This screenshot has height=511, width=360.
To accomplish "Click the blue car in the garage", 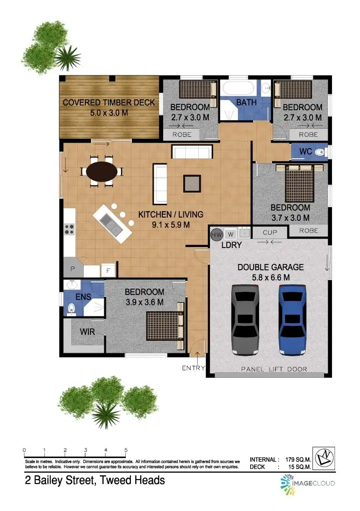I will click(293, 319).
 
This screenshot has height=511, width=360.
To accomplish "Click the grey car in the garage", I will click(245, 319).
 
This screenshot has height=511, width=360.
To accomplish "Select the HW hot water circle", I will click(217, 234).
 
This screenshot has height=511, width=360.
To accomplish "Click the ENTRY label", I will click(193, 368).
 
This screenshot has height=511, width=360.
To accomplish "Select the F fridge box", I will click(108, 271).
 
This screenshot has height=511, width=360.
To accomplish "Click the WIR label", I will click(87, 331).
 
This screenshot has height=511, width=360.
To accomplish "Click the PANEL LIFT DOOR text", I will click(274, 369).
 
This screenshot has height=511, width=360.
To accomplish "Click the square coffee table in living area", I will click(193, 183).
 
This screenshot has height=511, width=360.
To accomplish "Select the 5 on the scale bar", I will click(126, 450).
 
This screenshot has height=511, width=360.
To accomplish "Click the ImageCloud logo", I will click(307, 483).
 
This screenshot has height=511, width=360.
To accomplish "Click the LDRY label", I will click(231, 245).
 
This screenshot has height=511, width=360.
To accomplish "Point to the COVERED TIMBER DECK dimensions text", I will click(108, 113).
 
